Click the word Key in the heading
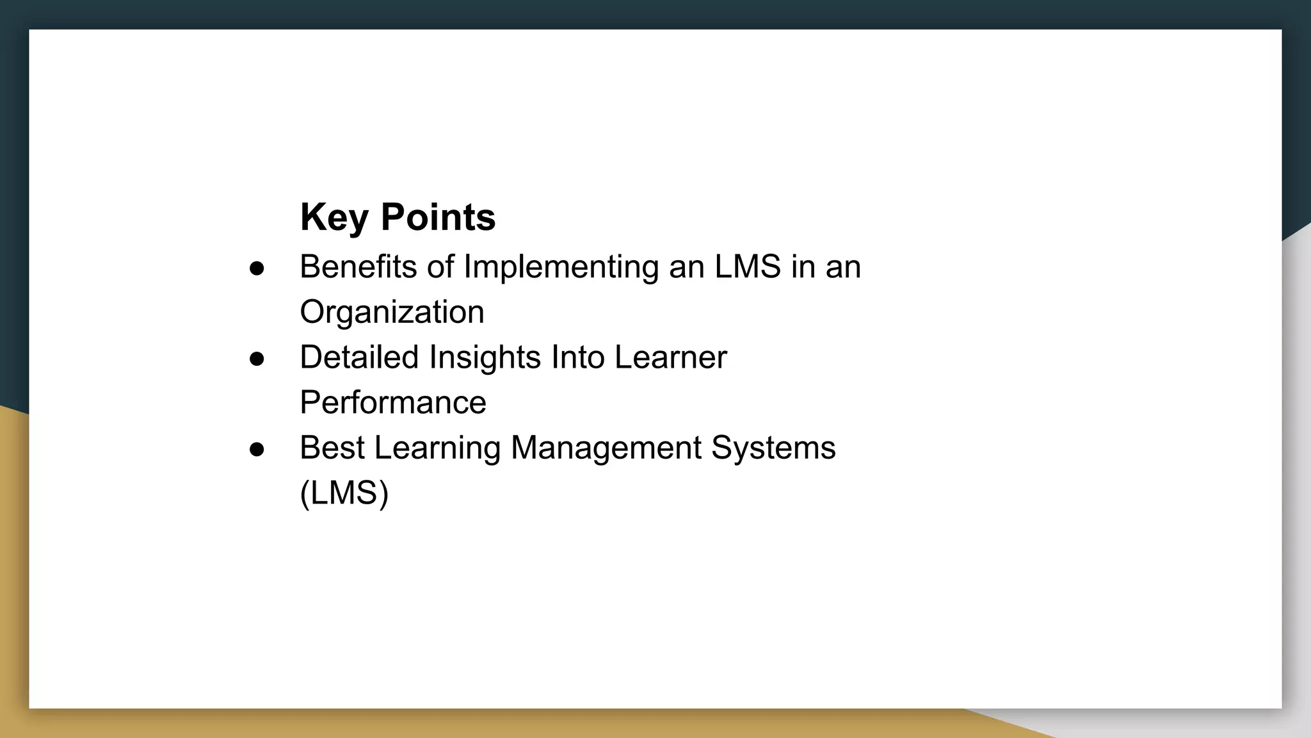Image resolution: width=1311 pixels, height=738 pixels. [x=334, y=217]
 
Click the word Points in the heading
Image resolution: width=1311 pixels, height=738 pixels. [x=438, y=217]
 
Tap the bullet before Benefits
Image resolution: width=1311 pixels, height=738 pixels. [x=257, y=268]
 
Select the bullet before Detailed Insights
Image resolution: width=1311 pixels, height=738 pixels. [x=257, y=359]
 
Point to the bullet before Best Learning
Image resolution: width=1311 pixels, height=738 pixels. [x=257, y=449]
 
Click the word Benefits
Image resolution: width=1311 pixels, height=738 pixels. [x=358, y=266]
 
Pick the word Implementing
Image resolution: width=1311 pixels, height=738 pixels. [x=561, y=266]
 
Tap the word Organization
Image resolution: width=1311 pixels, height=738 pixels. [x=392, y=312]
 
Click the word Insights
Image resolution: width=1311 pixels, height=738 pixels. [x=485, y=357]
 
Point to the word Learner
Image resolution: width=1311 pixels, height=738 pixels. [x=670, y=357]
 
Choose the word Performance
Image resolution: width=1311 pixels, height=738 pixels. [x=393, y=402]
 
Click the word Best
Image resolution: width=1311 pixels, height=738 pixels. [x=332, y=447]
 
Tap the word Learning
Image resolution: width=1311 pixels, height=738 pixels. [x=437, y=447]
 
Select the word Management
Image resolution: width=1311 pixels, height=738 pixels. [x=606, y=447]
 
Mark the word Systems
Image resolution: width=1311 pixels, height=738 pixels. [x=773, y=447]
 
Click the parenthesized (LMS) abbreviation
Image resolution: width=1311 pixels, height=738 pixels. [x=344, y=493]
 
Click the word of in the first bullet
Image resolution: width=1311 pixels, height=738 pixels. [x=440, y=266]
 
